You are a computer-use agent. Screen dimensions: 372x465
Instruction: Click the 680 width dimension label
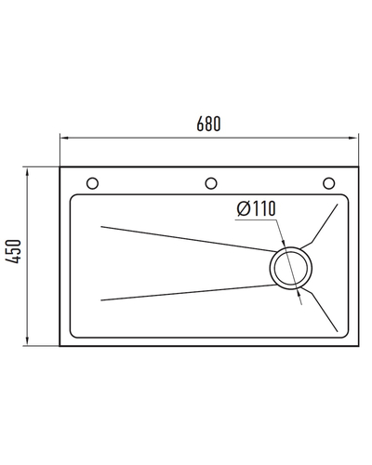coord(208,124)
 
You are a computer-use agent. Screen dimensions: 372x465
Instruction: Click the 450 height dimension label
coord(14,251)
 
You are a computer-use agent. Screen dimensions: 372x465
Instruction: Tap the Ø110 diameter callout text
coord(256,208)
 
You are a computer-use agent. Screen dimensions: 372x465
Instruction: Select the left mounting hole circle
coord(92,183)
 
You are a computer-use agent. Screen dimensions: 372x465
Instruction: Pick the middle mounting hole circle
coord(211,183)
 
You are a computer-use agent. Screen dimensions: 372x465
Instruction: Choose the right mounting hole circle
coord(329,183)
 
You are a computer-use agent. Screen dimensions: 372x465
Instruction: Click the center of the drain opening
coord(290,269)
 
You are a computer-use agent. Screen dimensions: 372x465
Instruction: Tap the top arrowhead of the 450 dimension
coord(27,172)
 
